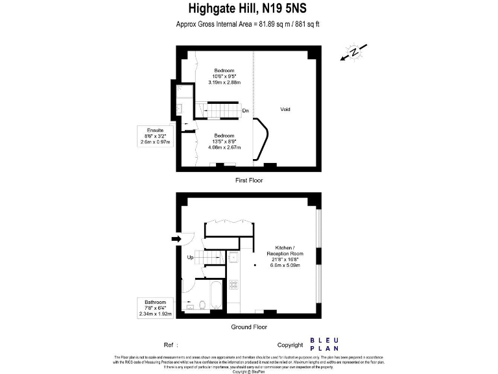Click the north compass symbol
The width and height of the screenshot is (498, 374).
coord(354,51)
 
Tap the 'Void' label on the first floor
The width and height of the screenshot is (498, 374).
coord(285,109)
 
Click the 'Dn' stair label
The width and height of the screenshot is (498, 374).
coord(246,110)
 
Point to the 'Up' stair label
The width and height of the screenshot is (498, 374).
coord(190,257)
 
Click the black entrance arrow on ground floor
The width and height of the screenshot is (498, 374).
coord(176,239)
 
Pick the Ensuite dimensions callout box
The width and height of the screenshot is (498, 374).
coord(156,137)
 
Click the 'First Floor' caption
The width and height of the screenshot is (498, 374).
coord(249,180)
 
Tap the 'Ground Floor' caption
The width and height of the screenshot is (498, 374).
coord(249,327)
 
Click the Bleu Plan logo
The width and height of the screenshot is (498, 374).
coord(324,344)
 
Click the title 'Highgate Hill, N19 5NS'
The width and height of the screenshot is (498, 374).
coord(249,8)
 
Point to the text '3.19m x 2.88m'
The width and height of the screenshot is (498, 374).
coord(224,82)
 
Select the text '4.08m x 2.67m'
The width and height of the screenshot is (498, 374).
coord(224,147)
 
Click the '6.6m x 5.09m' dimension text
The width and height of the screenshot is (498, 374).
coord(285,265)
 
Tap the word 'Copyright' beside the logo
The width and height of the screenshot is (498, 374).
coord(290,345)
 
